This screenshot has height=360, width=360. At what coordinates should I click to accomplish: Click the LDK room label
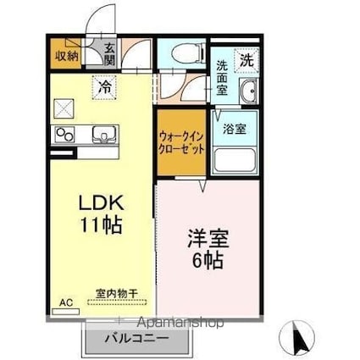102,203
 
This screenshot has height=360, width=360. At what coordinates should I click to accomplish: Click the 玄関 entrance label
109,56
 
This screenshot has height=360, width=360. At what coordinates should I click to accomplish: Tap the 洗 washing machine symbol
246,60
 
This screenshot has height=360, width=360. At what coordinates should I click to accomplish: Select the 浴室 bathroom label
234,130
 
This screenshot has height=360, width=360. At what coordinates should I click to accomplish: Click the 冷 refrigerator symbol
105,86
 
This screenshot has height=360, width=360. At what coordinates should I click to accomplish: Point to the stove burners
65,134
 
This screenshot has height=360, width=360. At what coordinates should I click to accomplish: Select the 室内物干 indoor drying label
115,293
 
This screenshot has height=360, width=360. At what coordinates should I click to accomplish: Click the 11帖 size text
102,225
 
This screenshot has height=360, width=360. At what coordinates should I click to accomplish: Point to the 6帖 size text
208,261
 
